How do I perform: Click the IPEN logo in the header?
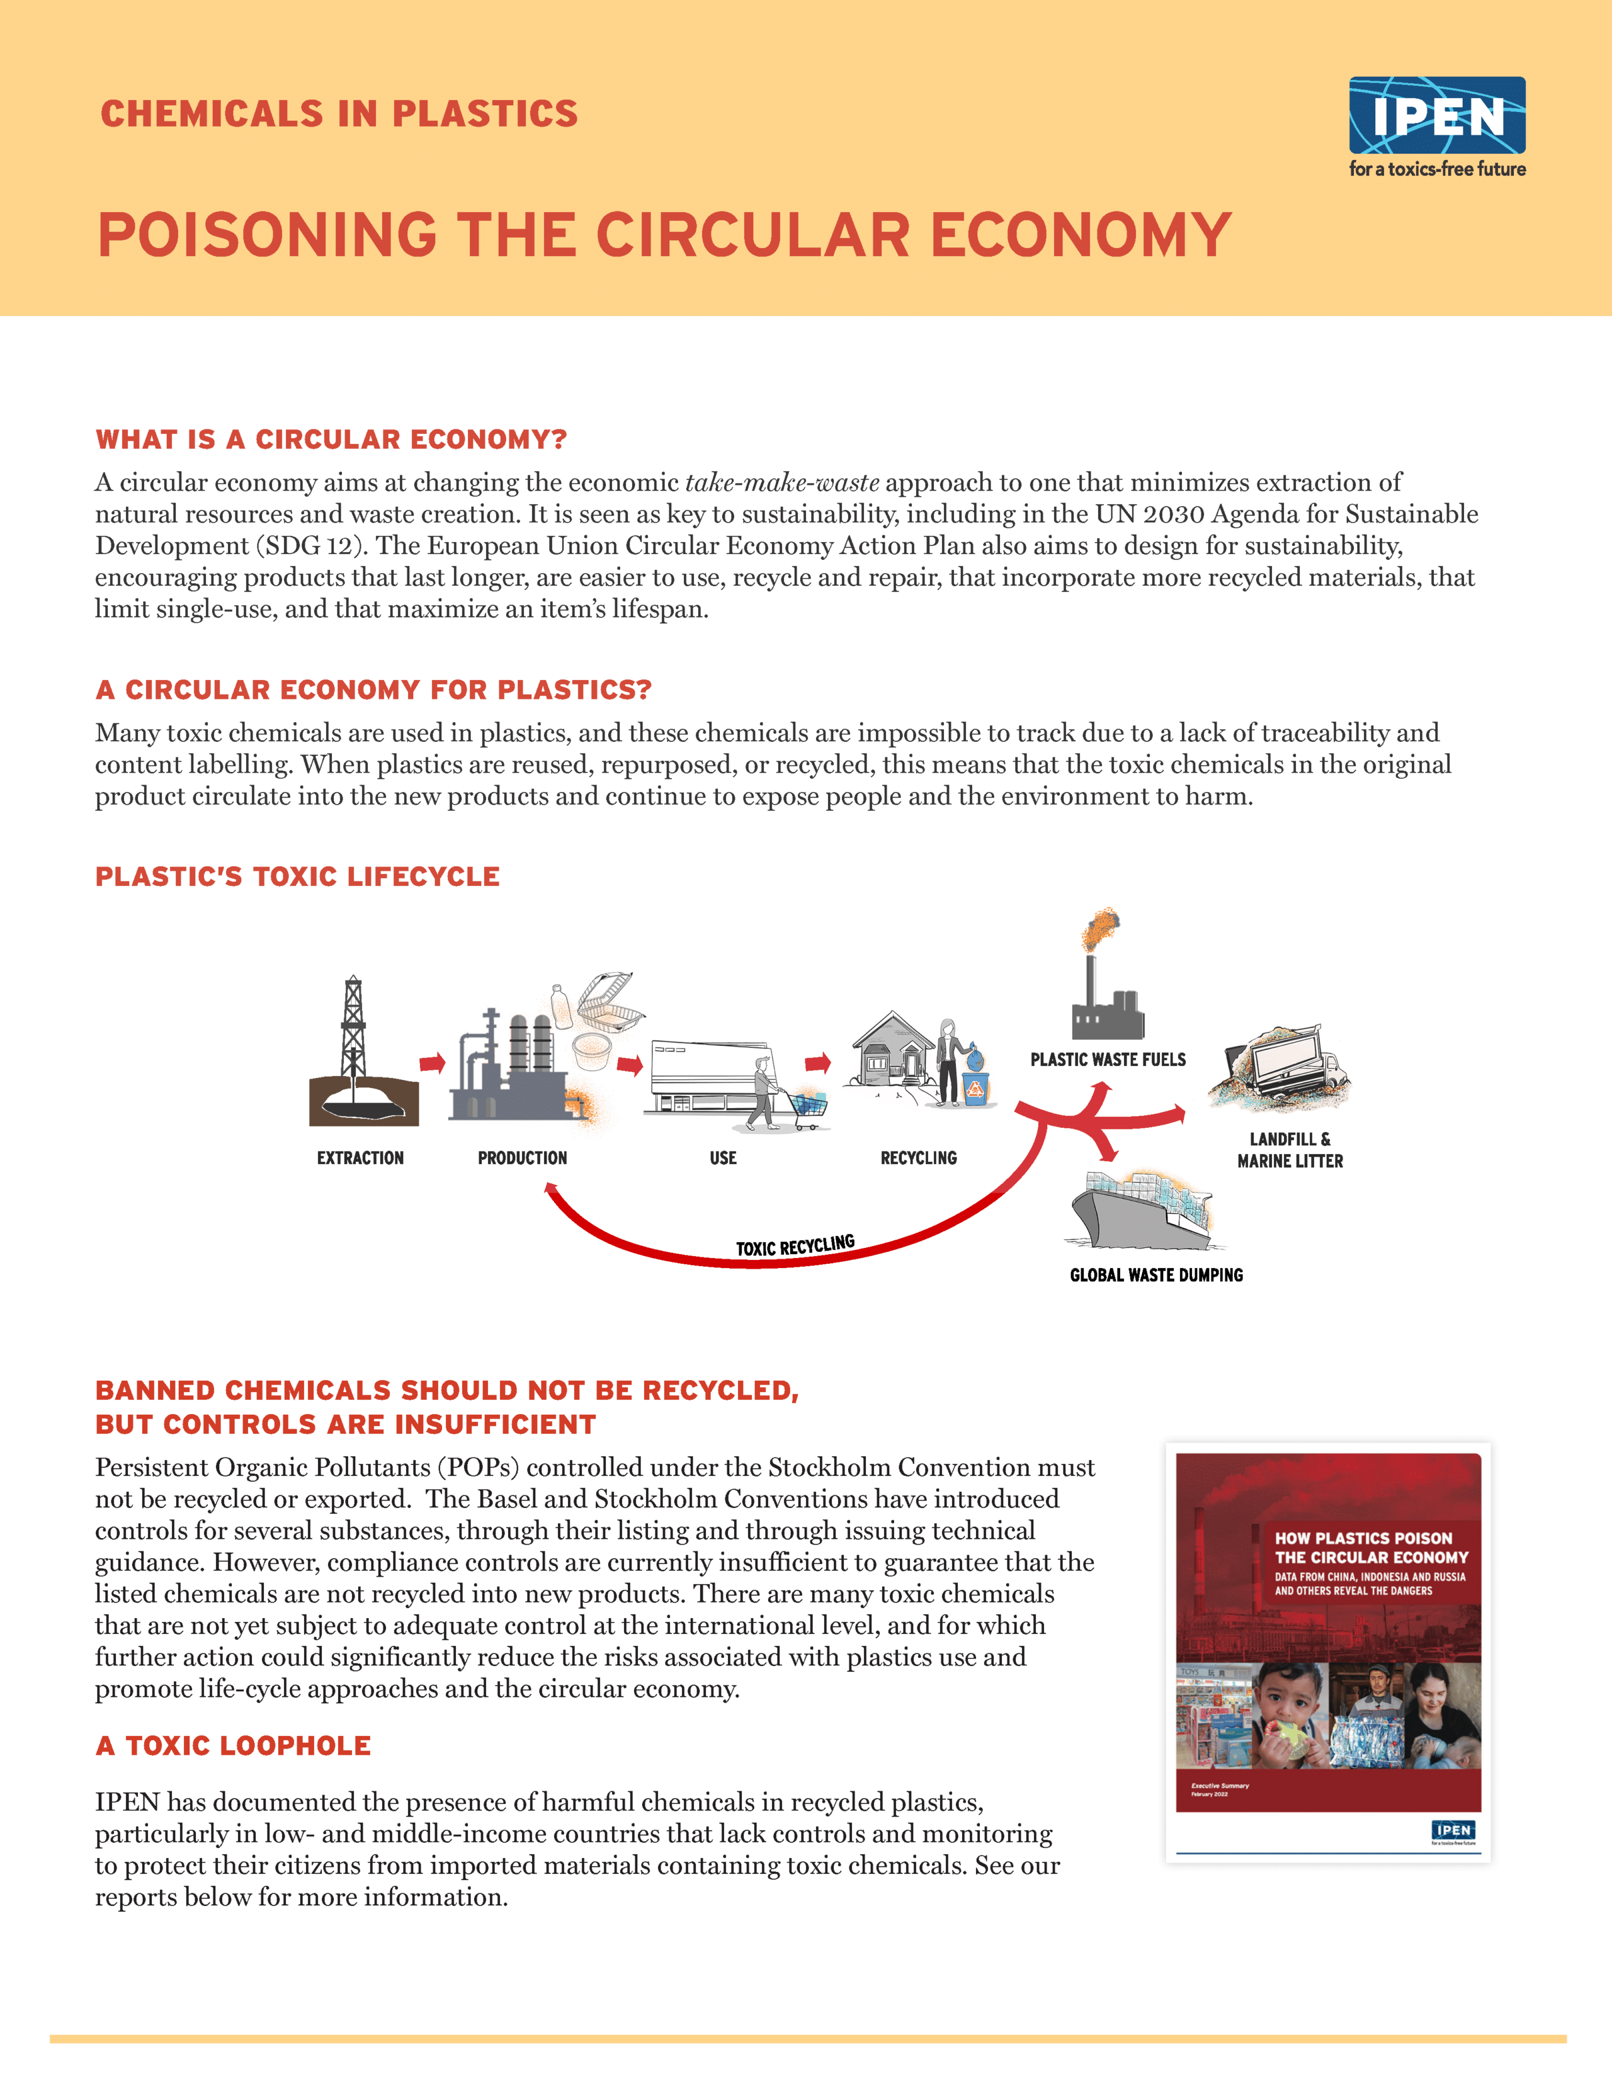pyautogui.click(x=1436, y=116)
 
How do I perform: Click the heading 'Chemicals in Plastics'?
pyautogui.click(x=339, y=114)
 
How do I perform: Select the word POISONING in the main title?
pyautogui.click(x=268, y=236)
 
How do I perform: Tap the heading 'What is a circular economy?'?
pyautogui.click(x=331, y=439)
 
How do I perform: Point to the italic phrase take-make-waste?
pyautogui.click(x=782, y=482)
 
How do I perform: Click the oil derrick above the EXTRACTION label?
pyautogui.click(x=353, y=1031)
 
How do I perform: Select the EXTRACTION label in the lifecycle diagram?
pyautogui.click(x=360, y=1158)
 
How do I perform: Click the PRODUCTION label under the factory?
pyautogui.click(x=523, y=1158)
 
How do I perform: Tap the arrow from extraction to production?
pyautogui.click(x=433, y=1063)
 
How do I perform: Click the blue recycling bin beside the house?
pyautogui.click(x=975, y=1089)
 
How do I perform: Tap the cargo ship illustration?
pyautogui.click(x=1141, y=1211)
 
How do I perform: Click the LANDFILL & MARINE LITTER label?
pyautogui.click(x=1290, y=1150)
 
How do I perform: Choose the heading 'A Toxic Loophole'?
pyautogui.click(x=233, y=1746)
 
